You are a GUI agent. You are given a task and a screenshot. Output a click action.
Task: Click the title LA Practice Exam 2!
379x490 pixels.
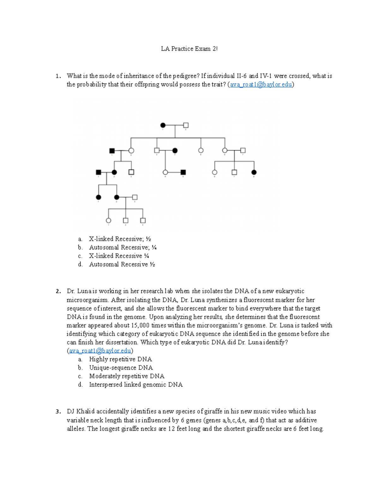[x=189, y=49]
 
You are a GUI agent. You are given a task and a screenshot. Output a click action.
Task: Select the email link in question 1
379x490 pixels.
[x=261, y=85]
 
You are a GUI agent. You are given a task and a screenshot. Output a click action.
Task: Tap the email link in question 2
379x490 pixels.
[x=100, y=351]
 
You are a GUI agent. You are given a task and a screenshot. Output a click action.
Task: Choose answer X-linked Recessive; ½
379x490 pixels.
[x=120, y=239]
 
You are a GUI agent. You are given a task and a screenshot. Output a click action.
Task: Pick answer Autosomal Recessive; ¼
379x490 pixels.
[x=123, y=247]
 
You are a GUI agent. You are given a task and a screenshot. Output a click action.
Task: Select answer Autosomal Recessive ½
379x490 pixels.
[x=122, y=264]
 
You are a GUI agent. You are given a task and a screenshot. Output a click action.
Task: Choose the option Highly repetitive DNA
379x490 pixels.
[x=120, y=359]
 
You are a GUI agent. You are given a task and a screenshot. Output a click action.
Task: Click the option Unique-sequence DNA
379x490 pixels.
[x=121, y=368]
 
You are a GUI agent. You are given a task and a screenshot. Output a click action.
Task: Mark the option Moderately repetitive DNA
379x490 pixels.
[x=127, y=376]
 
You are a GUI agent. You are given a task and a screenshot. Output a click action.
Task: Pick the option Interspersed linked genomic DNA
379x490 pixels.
[x=136, y=385]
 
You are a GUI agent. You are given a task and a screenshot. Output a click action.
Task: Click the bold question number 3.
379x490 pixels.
[x=58, y=411]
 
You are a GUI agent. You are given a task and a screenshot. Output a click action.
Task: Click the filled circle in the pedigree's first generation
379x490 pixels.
[x=163, y=125]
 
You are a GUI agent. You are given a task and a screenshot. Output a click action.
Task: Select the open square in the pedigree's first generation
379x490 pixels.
[x=186, y=125]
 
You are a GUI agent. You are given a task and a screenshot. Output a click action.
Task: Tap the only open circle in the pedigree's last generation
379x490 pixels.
[x=108, y=220]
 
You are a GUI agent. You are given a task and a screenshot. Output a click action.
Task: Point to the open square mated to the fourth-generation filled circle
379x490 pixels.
[x=135, y=197]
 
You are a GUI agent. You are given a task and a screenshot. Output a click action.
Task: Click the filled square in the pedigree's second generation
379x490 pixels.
[x=112, y=151]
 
